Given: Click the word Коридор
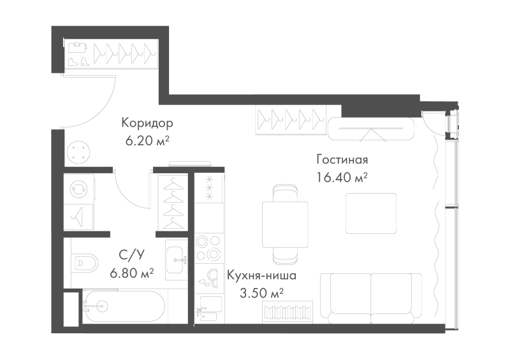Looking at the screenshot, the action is click(x=147, y=123).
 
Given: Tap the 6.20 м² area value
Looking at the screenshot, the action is click(x=147, y=141).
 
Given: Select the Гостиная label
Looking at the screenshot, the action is click(x=342, y=160).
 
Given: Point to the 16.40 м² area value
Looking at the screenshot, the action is click(x=342, y=178).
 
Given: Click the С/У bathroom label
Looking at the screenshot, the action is click(x=131, y=256).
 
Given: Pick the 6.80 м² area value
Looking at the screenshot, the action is click(x=132, y=273).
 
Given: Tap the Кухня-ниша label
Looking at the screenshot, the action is click(x=261, y=275).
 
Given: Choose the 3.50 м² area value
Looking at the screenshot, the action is click(x=261, y=293).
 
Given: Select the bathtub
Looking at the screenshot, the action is click(x=124, y=306).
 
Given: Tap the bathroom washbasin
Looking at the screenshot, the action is click(x=176, y=260).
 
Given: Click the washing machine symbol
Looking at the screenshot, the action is click(x=79, y=189).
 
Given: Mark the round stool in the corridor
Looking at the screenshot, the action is click(x=78, y=152).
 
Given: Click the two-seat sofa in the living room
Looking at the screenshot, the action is click(x=371, y=299).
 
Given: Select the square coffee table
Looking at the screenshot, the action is click(x=371, y=213).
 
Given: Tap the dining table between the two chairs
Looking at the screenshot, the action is click(x=285, y=224).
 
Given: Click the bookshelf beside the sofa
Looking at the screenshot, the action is click(x=288, y=312).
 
